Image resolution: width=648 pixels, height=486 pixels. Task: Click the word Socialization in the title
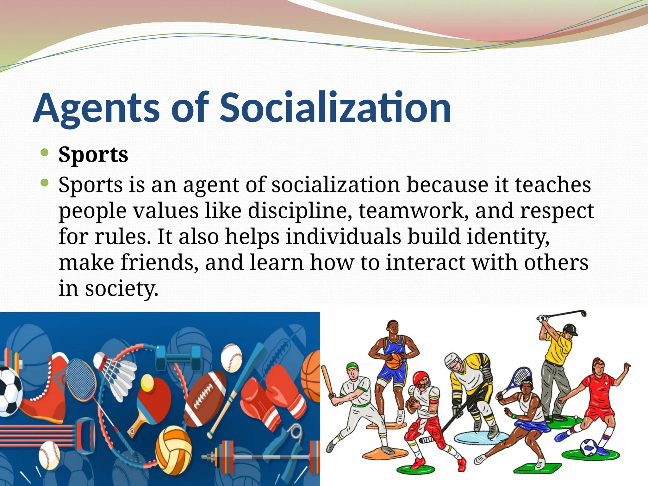tap(335, 108)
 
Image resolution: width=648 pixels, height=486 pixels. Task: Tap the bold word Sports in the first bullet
tap(93, 155)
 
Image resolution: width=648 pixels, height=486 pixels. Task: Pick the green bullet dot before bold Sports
tap(45, 153)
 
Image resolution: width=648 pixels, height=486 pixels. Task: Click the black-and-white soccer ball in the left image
tap(9, 391)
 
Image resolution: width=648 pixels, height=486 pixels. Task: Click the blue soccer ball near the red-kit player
tap(589, 447)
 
